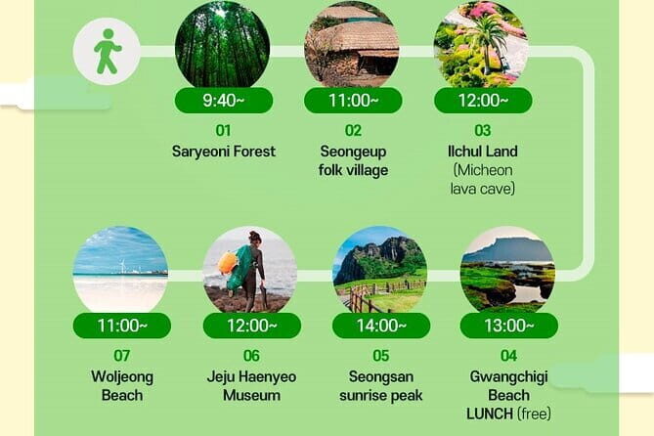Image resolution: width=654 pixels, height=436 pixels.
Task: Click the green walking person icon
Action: click(x=107, y=50)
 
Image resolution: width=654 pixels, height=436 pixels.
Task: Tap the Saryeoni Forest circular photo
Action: click(x=223, y=46)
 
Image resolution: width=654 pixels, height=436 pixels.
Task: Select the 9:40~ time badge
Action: click(x=223, y=101)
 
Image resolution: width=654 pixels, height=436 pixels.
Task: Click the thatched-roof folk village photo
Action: click(x=352, y=46)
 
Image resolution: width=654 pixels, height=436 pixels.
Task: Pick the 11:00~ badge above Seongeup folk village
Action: click(x=352, y=101)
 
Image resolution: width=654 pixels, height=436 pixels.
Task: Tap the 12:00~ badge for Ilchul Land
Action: click(x=483, y=101)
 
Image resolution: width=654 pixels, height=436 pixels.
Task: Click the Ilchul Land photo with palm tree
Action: click(x=481, y=46)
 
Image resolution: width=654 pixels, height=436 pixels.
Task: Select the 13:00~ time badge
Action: click(x=508, y=326)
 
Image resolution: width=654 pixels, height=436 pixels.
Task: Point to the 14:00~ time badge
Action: click(x=380, y=326)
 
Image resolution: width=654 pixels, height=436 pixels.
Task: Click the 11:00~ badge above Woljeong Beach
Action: click(x=121, y=326)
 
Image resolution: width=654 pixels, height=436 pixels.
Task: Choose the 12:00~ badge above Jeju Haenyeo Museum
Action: click(x=250, y=326)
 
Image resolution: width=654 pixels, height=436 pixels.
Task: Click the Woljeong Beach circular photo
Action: click(x=121, y=270)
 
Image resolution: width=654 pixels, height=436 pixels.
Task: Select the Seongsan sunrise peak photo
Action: click(x=380, y=270)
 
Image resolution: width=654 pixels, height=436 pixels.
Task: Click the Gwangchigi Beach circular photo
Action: click(x=507, y=270)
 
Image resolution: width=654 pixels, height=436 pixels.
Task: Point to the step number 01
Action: click(x=224, y=130)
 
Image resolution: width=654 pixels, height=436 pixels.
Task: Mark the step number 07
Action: click(x=121, y=356)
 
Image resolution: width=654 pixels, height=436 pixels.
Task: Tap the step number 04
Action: click(x=508, y=356)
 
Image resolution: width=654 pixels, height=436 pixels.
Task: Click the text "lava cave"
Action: click(x=483, y=188)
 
